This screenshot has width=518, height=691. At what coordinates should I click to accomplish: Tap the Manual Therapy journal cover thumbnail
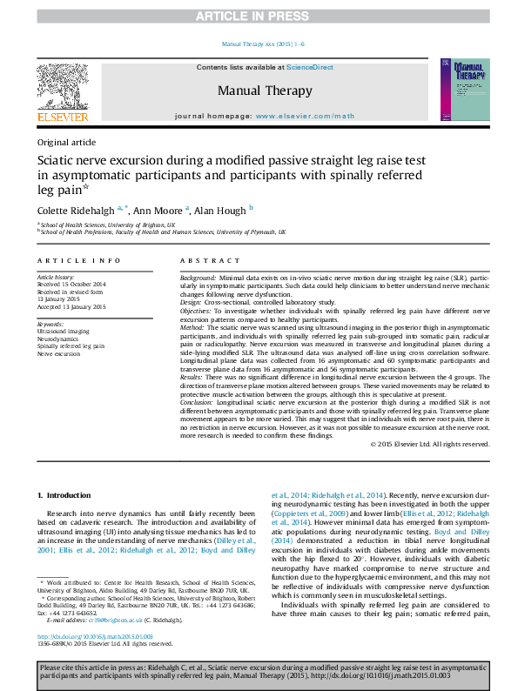460,91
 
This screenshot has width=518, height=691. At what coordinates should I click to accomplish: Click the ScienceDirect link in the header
311,67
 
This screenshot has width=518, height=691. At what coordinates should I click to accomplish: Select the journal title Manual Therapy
264,91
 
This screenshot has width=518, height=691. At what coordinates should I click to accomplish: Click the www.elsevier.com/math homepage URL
305,116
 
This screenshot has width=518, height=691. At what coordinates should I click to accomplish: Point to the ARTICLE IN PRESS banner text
259,17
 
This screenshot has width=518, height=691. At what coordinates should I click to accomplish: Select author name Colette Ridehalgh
72,211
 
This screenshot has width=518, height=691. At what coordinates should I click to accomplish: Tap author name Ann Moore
158,211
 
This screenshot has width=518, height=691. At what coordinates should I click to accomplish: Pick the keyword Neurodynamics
58,339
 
